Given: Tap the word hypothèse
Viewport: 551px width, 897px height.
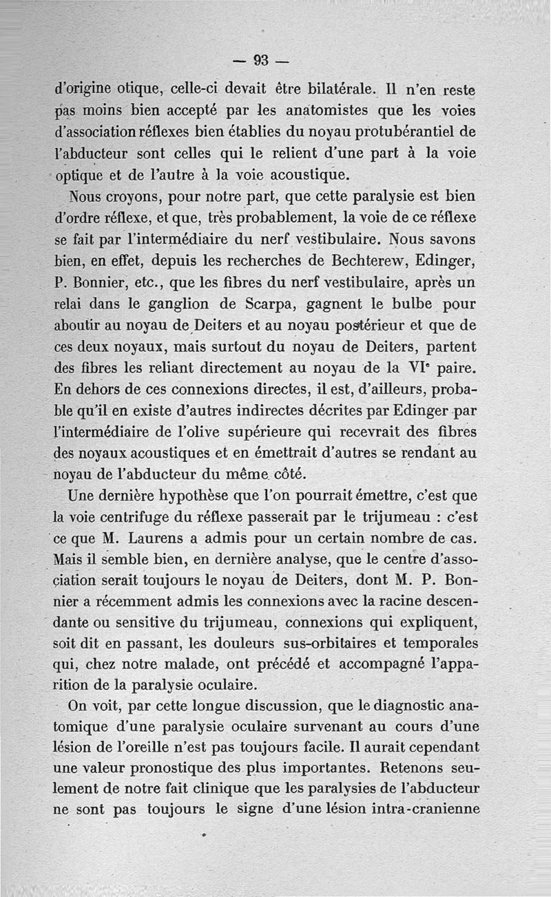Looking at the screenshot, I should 216,495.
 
